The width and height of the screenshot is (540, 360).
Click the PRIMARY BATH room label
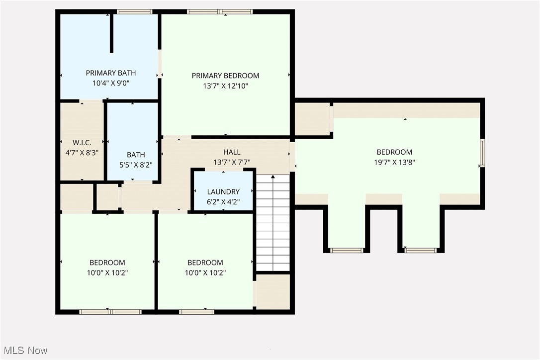point(110,73)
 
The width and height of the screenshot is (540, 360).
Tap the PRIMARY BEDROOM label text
point(225,76)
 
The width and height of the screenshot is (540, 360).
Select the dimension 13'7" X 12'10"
point(225,86)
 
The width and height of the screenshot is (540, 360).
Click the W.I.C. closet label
point(82,142)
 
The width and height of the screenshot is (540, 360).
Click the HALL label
point(232,152)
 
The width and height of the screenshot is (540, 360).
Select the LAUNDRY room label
point(223,191)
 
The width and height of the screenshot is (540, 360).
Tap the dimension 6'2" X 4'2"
point(223,201)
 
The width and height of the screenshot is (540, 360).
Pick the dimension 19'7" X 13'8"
point(394,162)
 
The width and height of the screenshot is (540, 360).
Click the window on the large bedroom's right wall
point(482,153)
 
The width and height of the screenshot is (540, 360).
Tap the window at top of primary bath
point(134,11)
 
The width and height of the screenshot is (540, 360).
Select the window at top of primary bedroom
point(220,11)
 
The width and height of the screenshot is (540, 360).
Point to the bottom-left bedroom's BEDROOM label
point(107,263)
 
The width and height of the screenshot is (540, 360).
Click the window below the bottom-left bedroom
point(110,312)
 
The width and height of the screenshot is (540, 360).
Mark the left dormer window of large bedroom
point(347,250)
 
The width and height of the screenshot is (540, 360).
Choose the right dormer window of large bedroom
point(421,250)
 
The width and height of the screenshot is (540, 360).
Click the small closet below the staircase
point(273,292)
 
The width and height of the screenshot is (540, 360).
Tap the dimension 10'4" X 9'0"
point(110,84)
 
